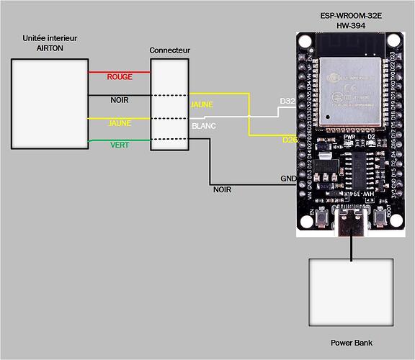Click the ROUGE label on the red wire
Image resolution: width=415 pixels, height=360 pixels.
pyautogui.click(x=119, y=76)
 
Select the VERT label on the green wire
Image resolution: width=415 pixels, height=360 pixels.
pyautogui.click(x=120, y=145)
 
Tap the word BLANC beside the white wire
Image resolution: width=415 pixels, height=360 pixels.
pyautogui.click(x=202, y=126)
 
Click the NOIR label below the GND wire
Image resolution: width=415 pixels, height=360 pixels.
pyautogui.click(x=222, y=190)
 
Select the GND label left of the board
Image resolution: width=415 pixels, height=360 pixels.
pyautogui.click(x=287, y=179)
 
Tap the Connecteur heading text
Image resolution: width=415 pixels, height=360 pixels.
pyautogui.click(x=170, y=50)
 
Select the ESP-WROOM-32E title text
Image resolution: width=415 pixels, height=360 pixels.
pyautogui.click(x=352, y=16)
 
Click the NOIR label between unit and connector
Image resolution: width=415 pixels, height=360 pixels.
pyautogui.click(x=120, y=100)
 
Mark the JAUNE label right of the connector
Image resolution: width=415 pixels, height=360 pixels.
pyautogui.click(x=202, y=104)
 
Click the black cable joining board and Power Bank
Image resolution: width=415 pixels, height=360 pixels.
pyautogui.click(x=352, y=247)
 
